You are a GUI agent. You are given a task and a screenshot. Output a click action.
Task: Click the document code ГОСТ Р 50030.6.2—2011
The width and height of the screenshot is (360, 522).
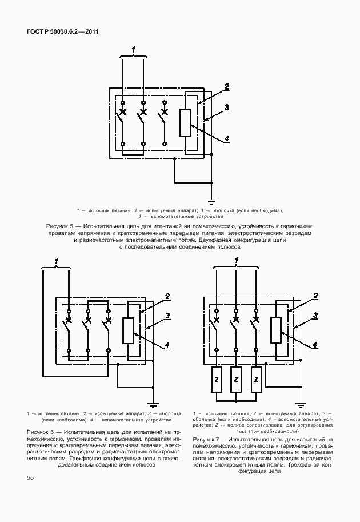coord(62,31)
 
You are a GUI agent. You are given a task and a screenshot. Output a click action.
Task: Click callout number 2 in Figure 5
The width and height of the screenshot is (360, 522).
coord(226,87)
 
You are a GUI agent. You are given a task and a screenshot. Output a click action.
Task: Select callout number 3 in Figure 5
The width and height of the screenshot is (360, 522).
coord(226,107)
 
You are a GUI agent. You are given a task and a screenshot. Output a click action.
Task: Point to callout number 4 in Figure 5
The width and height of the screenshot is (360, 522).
coord(226,139)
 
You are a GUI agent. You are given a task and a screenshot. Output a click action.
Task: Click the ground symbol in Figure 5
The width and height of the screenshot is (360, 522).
coord(211,201)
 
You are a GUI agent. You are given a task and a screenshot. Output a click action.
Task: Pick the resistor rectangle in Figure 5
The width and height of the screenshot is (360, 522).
coord(185,122)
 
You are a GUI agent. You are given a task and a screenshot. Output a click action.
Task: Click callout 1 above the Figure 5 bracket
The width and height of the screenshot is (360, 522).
coord(133,50)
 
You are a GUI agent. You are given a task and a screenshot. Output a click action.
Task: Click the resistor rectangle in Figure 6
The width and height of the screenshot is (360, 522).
coord(129,330)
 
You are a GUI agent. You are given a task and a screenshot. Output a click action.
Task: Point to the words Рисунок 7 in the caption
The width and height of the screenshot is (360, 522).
coord(207,439)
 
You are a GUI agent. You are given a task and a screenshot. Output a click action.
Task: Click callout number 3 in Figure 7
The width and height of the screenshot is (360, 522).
coord(315,316)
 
